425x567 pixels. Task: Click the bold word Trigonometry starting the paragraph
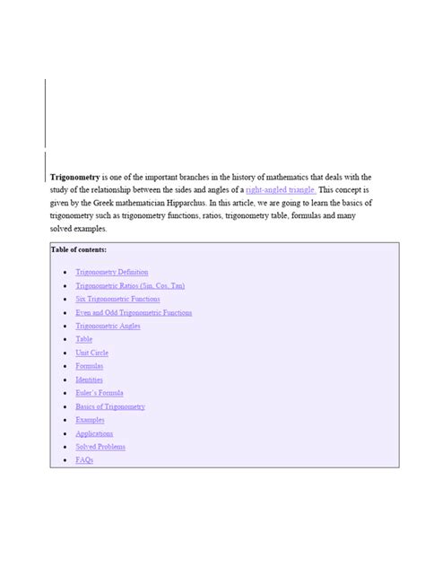point(74,178)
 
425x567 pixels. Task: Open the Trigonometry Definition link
point(112,272)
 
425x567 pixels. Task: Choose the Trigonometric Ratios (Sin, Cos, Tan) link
point(130,285)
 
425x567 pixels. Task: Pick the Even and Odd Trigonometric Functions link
point(134,312)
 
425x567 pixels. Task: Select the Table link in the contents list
point(84,339)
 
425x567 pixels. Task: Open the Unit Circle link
point(91,353)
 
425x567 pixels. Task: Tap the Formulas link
point(90,366)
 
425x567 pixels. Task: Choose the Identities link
point(90,379)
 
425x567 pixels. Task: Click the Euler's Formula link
point(100,393)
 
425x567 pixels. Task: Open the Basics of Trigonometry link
point(110,406)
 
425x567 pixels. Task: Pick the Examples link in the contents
point(90,420)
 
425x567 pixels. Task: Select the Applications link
point(94,433)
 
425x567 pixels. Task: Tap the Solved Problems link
point(100,447)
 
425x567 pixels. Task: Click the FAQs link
point(84,460)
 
